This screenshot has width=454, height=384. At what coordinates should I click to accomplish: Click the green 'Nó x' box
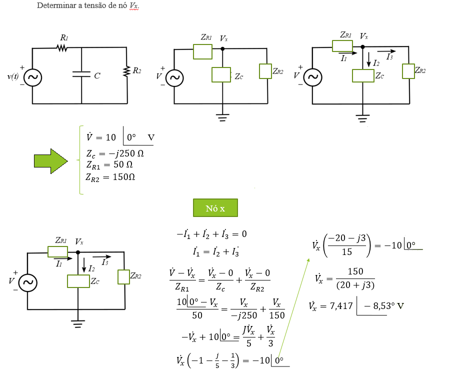tap(215, 208)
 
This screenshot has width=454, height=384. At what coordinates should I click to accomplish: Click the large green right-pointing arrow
tap(50, 161)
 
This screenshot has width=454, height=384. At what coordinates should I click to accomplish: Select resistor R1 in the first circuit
tap(62, 48)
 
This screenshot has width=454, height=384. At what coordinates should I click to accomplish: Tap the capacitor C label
tap(97, 76)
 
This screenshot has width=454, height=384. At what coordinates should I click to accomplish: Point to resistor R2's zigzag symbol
tap(126, 71)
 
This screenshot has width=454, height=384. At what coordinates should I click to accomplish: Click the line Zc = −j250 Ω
tap(115, 154)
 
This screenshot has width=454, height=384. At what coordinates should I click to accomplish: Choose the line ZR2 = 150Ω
tap(110, 177)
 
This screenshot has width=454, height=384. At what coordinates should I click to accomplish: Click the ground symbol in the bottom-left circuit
tap(77, 323)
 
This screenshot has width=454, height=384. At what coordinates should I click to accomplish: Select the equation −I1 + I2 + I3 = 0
tap(211, 233)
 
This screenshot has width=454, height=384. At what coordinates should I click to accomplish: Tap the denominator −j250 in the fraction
tap(243, 315)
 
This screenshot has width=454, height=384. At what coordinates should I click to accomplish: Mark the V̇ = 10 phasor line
tap(120, 137)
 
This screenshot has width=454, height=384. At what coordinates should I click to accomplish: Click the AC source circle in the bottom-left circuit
tap(28, 283)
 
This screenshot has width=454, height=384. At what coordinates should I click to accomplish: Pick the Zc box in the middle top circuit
tap(220, 74)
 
